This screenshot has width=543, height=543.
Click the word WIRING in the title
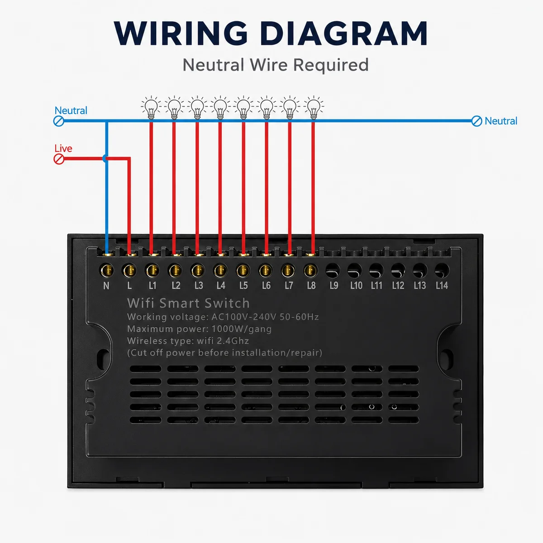181,33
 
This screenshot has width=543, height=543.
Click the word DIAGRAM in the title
343,33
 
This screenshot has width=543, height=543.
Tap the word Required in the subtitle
331,65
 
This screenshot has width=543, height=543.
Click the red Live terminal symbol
59,159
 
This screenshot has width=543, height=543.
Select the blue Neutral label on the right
501,121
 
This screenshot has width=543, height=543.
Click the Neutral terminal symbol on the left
59,121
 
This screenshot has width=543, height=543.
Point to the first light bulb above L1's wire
151,108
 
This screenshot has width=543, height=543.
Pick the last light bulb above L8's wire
313,108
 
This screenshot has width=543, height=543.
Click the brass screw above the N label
107,271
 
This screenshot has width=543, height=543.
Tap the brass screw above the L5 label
243,271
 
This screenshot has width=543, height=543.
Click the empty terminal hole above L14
442,271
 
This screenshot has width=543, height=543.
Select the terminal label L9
334,286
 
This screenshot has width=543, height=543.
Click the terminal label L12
398,286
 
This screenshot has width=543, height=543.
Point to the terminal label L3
199,286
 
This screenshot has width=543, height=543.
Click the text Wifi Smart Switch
188,303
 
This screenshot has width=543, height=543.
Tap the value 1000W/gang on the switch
242,329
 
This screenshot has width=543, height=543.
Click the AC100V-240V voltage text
244,317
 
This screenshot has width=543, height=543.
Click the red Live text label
63,148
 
